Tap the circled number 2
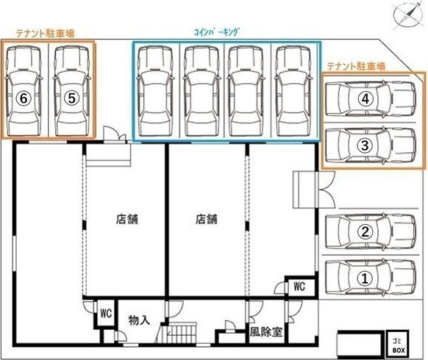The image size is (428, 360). coord(363,231)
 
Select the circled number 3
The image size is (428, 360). coord(363,145)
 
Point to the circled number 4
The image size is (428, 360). coord(363,98)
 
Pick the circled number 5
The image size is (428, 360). coord(71,98)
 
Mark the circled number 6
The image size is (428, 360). coord(25,98)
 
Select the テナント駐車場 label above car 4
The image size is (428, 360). coord(356,66)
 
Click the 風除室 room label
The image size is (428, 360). coord(265,331)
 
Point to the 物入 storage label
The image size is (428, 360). coord(138,320)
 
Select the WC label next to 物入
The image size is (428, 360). coord(105,313)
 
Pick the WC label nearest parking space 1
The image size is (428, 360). coord(300,286)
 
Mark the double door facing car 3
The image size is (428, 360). coord(304,190)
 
